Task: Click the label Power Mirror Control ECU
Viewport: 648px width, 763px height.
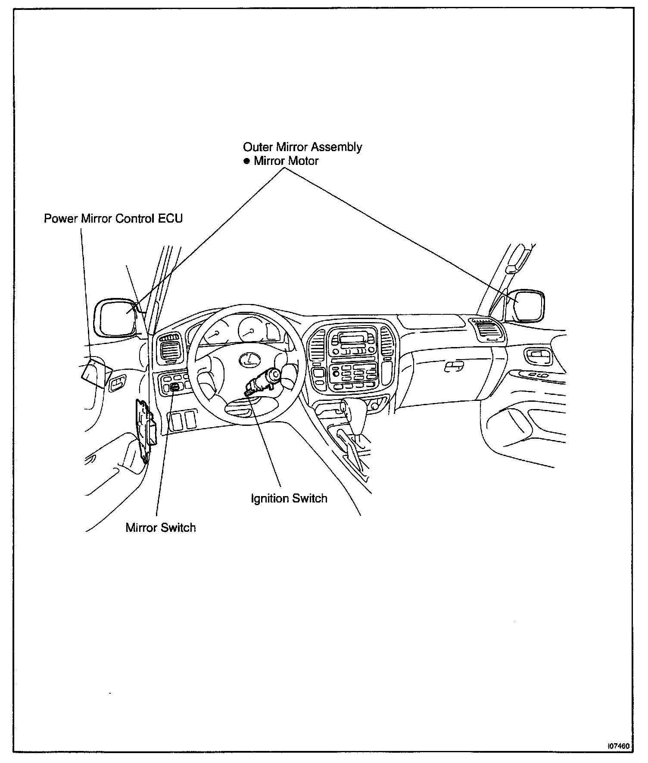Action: point(113,219)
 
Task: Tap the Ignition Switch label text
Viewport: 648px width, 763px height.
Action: point(289,499)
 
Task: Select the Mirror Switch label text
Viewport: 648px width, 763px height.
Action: point(161,527)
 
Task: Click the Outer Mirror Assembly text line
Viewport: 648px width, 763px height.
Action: point(302,147)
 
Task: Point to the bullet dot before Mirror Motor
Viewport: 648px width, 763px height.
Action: point(246,161)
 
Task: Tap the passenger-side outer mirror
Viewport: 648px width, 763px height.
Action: point(525,305)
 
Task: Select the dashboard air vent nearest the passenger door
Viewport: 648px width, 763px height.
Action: point(486,331)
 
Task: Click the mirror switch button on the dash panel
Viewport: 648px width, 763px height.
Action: point(175,387)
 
